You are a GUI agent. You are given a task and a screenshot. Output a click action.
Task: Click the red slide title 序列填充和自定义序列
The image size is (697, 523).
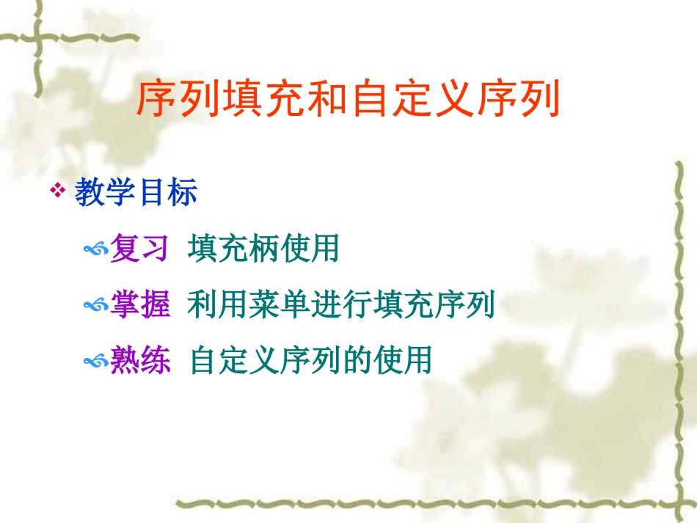point(348,100)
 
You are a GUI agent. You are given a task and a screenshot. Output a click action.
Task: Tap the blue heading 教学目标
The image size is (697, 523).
point(136,194)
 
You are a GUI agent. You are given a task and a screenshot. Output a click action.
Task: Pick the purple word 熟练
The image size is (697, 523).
point(140,360)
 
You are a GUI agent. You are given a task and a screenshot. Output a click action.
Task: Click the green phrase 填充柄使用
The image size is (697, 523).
point(263,249)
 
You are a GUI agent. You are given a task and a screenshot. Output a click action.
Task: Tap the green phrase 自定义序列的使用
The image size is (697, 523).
point(310,360)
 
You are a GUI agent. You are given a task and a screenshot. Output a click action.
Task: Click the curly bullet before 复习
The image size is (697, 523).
point(96,251)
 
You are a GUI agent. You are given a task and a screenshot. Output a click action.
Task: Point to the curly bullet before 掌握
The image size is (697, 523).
point(96,306)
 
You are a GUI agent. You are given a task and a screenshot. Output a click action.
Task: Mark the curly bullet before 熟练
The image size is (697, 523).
point(96,362)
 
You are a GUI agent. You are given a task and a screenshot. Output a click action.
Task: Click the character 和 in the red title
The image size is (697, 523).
point(326,100)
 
